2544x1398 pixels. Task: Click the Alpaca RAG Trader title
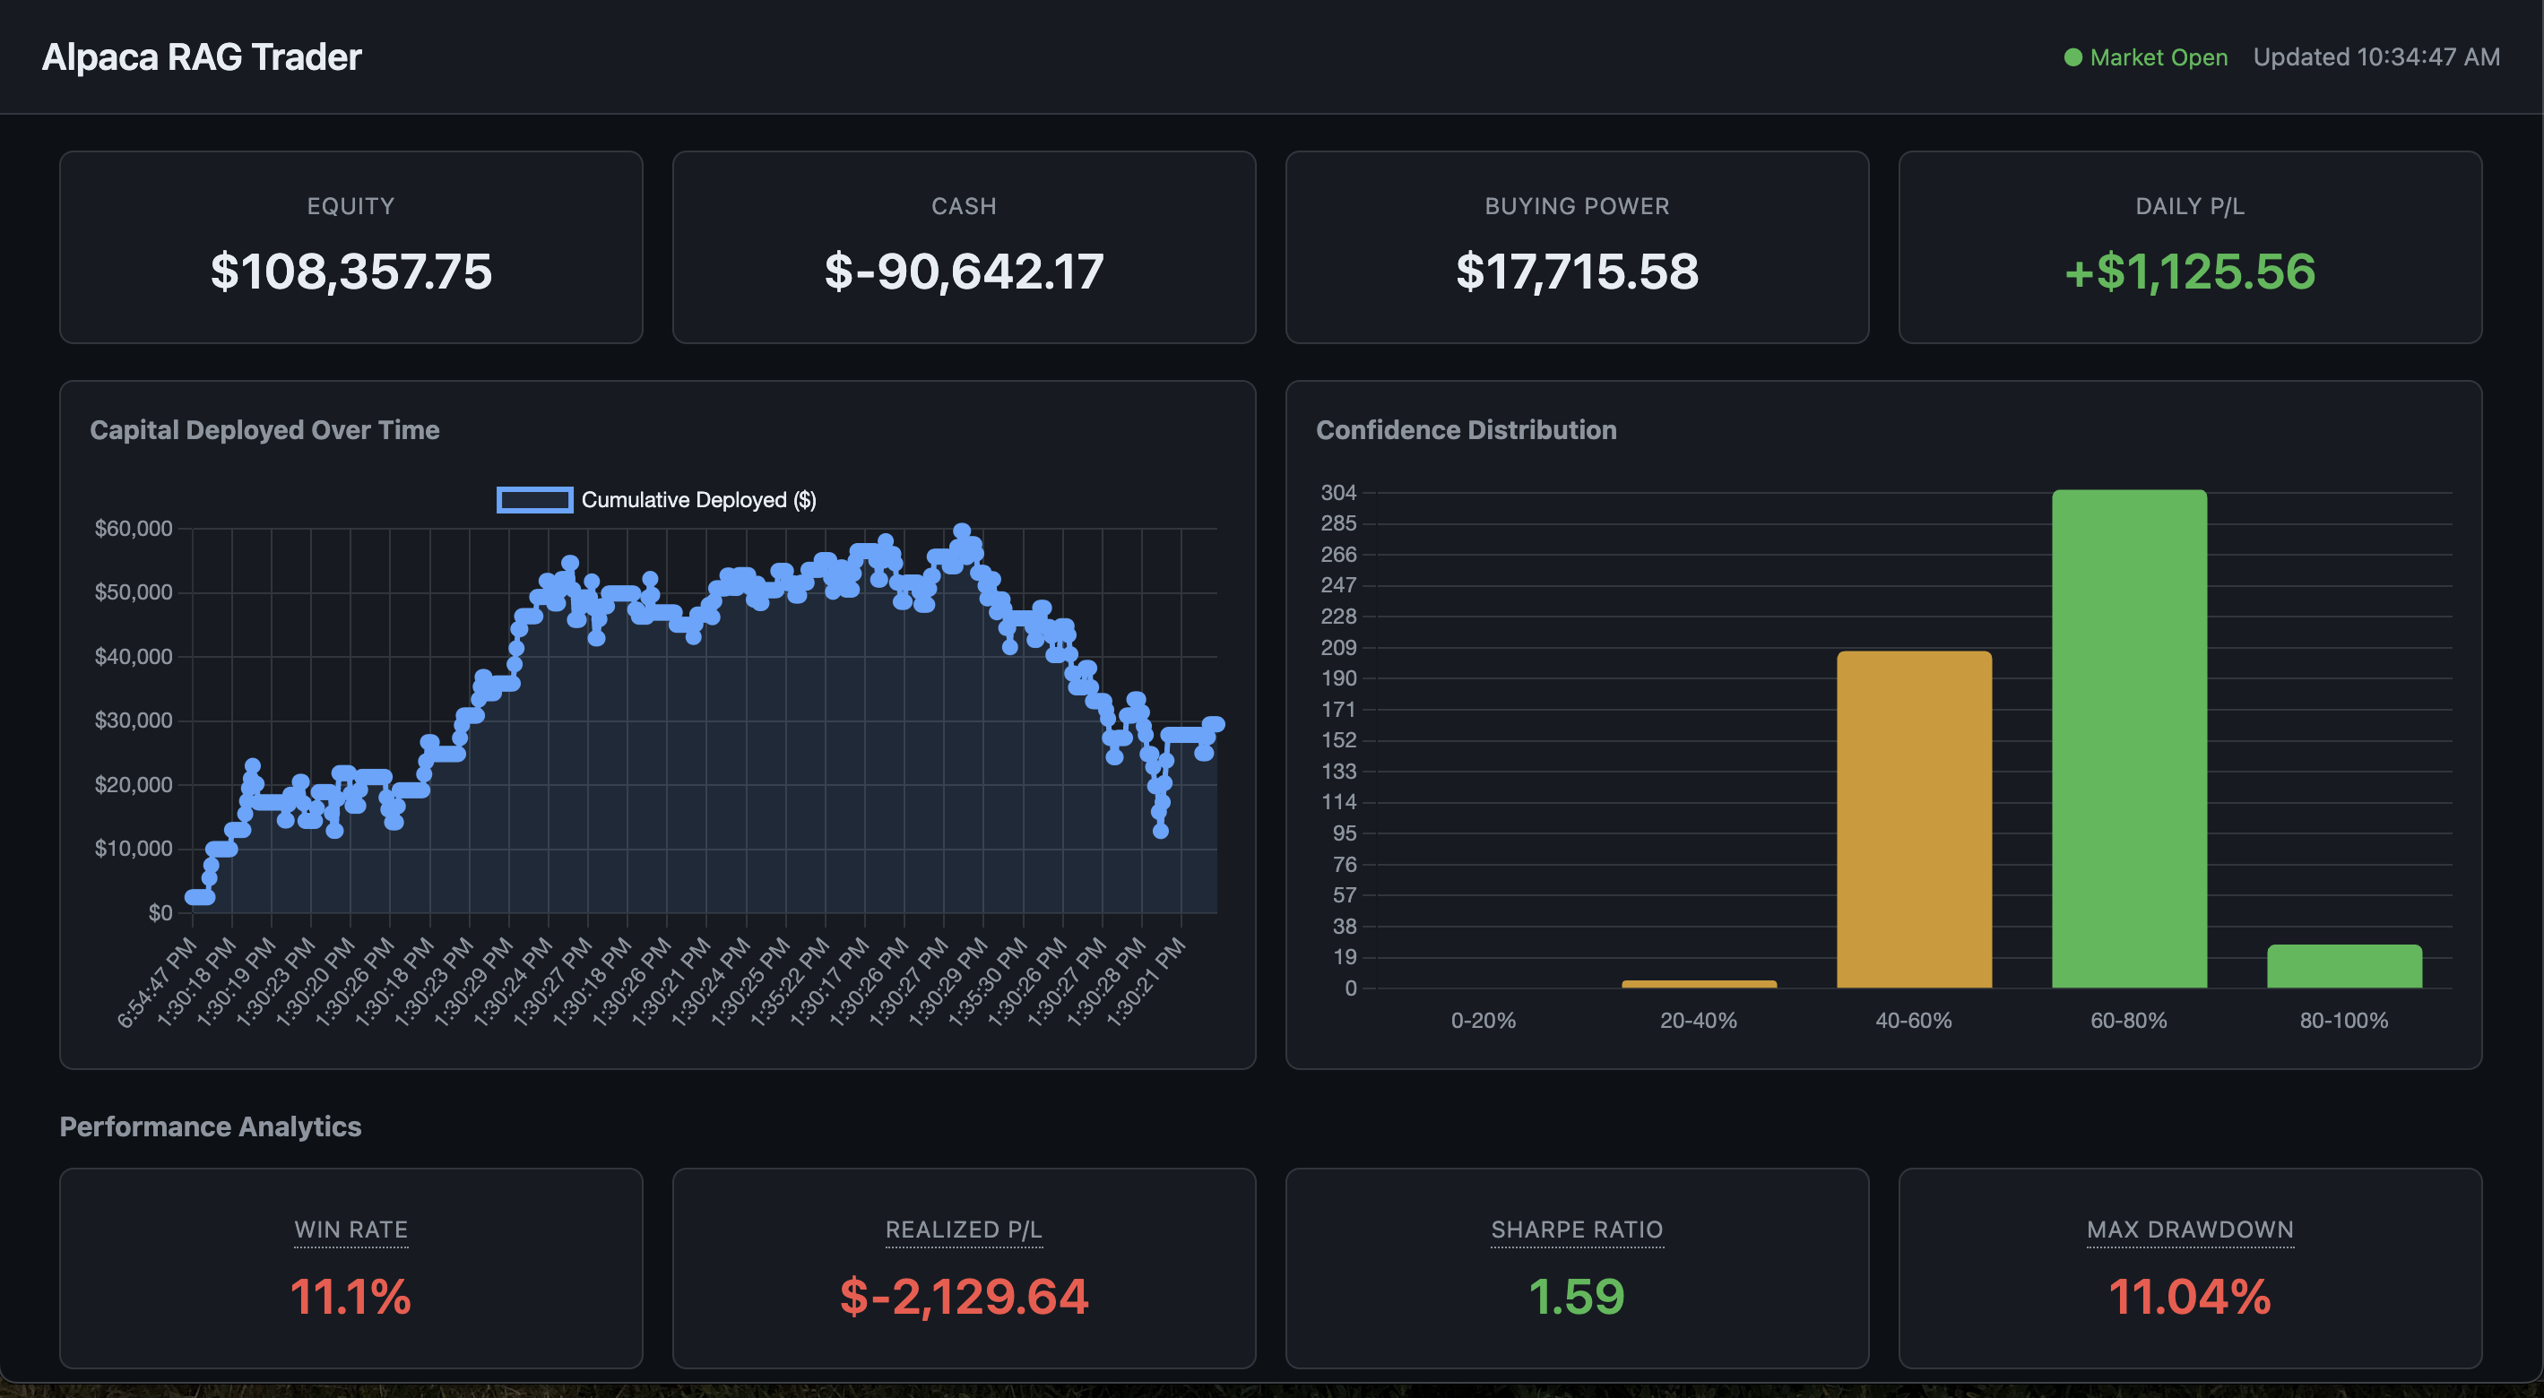tap(202, 57)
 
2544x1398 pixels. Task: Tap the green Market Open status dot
tap(2072, 58)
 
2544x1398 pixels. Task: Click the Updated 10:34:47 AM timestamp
tap(2376, 57)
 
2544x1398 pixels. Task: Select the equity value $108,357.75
tap(350, 272)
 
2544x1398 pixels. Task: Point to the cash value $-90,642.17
tap(964, 272)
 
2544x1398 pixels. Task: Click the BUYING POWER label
tap(1576, 206)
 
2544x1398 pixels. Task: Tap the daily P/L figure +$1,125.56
tap(2189, 272)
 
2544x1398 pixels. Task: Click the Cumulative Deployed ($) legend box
tap(534, 499)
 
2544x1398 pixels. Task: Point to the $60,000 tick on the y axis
tap(134, 528)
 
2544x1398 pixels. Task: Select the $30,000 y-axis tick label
tap(134, 721)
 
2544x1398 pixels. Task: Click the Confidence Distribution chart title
tap(1466, 429)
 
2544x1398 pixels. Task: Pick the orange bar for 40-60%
tap(1913, 819)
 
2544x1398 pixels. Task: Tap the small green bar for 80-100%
tap(2343, 967)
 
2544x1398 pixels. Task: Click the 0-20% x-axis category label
tap(1483, 1020)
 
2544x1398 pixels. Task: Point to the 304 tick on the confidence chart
tap(1338, 493)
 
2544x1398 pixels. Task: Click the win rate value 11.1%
tap(350, 1297)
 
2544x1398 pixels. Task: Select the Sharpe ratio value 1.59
tap(1576, 1297)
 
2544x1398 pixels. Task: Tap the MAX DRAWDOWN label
tap(2189, 1230)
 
